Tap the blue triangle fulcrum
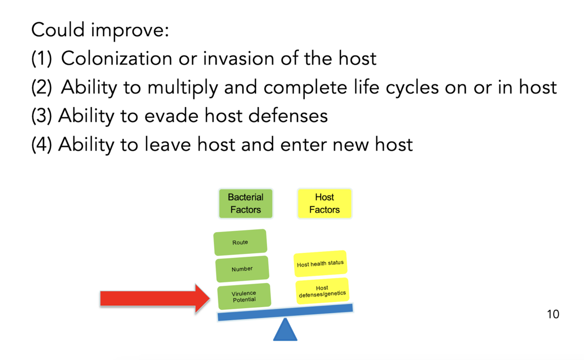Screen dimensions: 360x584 coord(285,331)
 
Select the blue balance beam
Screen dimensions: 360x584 coord(285,312)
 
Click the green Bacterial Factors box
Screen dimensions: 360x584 coord(246,203)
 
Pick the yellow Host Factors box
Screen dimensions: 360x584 coord(324,203)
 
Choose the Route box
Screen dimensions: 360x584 coord(240,242)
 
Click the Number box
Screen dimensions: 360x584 coord(242,269)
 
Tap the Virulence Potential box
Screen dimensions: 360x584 coord(244,296)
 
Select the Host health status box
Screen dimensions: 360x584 coord(320,264)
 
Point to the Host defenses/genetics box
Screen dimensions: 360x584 coord(322,291)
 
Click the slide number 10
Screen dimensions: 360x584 coord(553,314)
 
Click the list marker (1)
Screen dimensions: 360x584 coord(41,59)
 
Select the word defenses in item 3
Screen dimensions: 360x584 coord(288,115)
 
